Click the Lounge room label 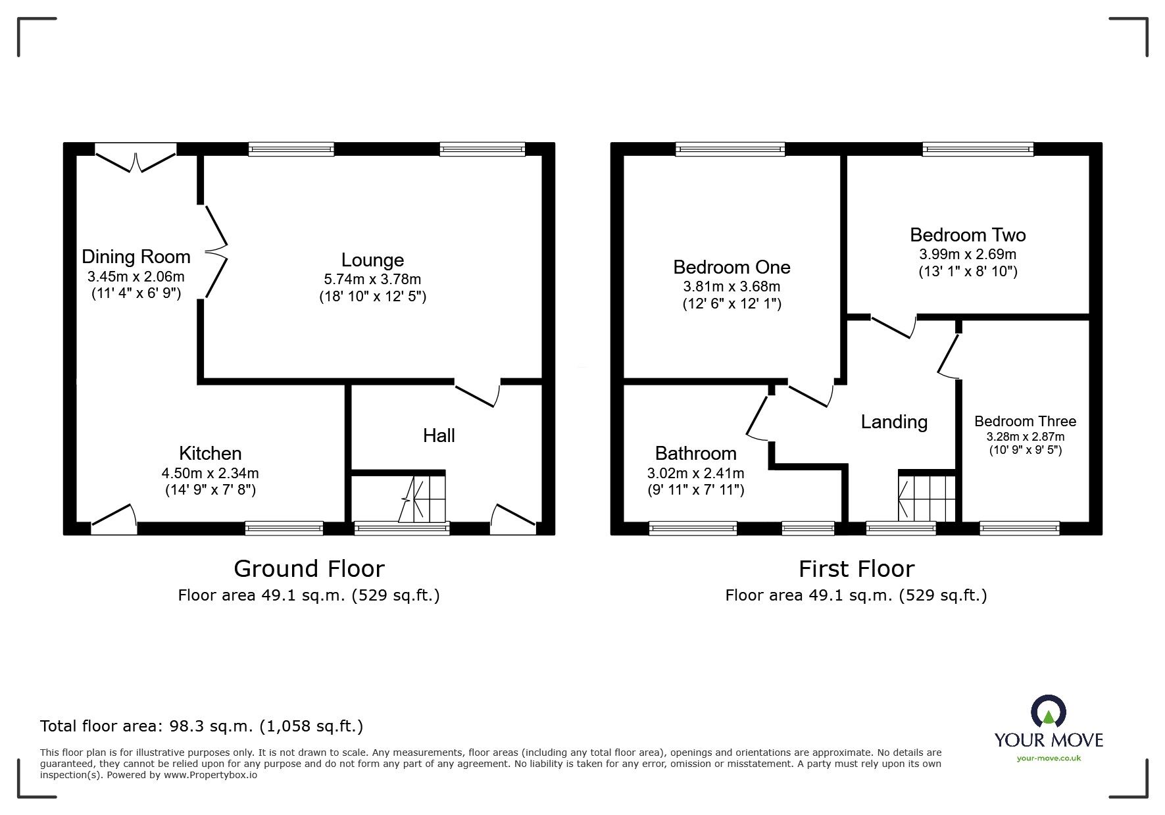tap(372, 260)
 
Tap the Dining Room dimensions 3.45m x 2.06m tap(136, 277)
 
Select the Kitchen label tap(210, 453)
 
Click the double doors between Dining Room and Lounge tap(216, 251)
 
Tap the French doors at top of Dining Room tap(136, 161)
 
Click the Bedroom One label tap(731, 267)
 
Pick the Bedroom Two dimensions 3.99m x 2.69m tap(968, 254)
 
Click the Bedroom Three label tap(1025, 421)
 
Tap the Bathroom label tap(695, 453)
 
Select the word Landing tap(894, 422)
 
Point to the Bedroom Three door tap(948, 356)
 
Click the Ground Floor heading tap(309, 568)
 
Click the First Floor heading tap(856, 568)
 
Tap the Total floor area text tap(201, 726)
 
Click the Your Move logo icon tap(1048, 711)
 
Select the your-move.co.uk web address tap(1049, 758)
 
